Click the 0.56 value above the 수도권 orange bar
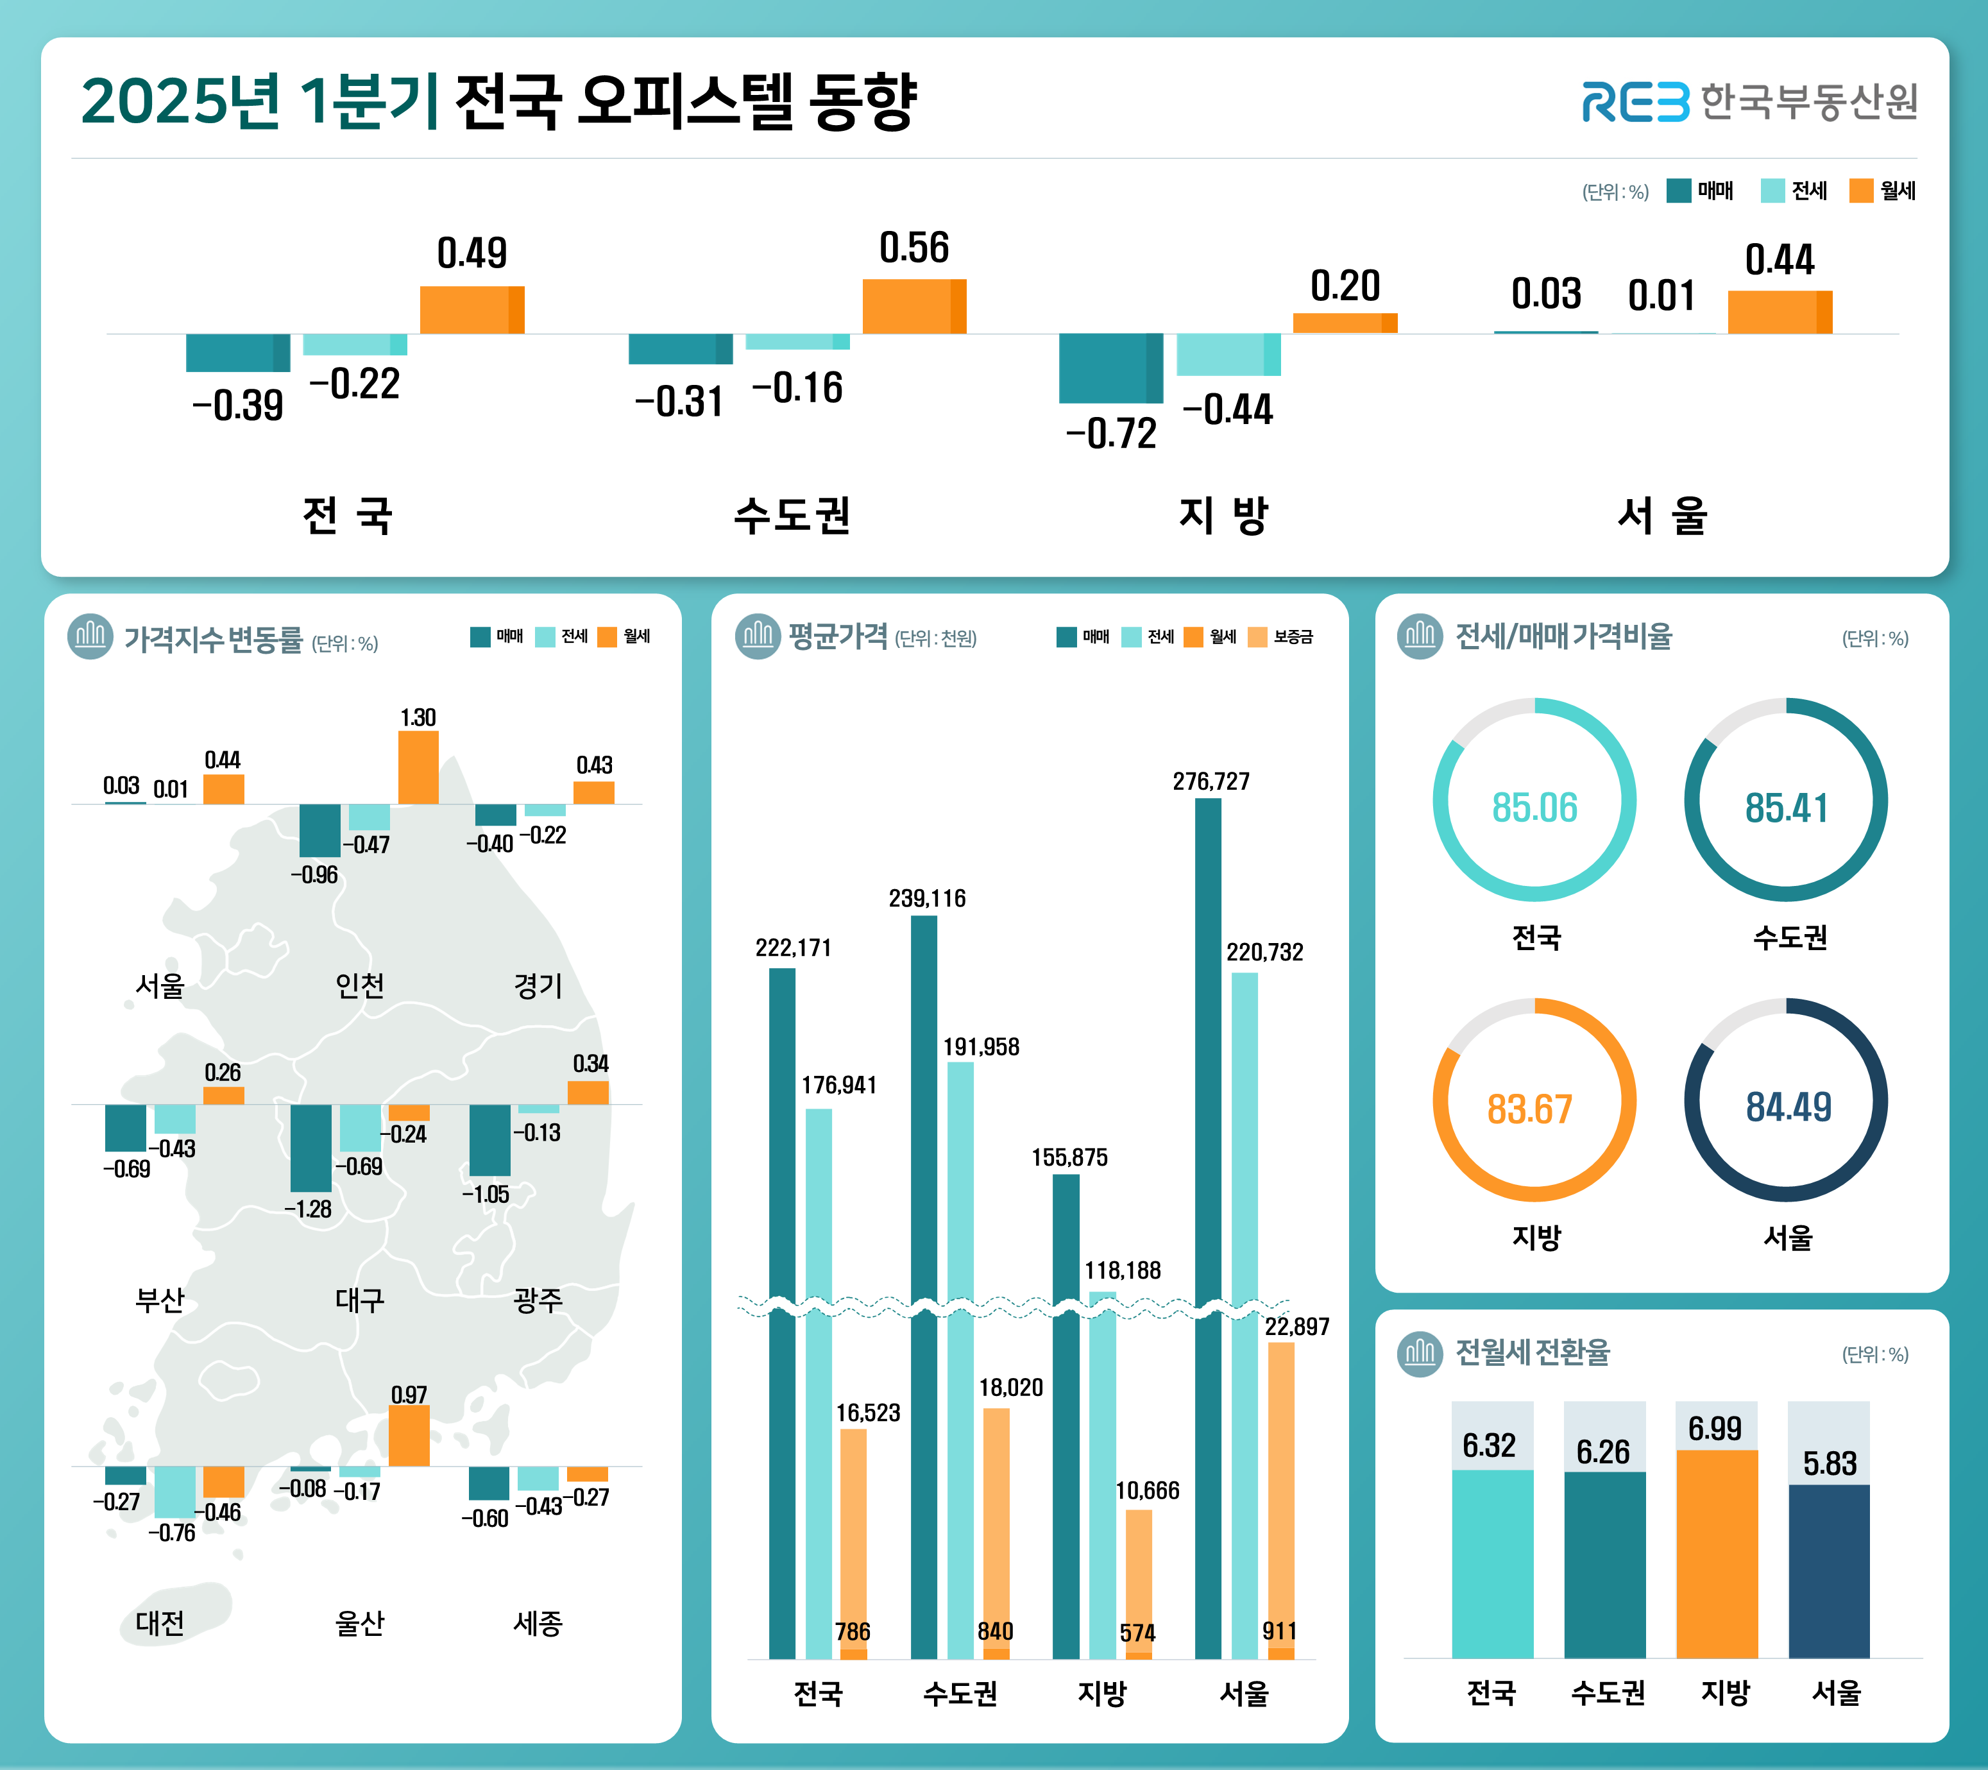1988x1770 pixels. pos(913,248)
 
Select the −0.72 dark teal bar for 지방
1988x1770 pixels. pos(1110,368)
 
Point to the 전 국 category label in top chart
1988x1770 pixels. pos(347,515)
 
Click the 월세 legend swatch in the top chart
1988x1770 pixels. pos(1860,191)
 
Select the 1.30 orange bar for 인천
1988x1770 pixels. pos(418,767)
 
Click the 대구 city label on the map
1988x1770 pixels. pos(360,1299)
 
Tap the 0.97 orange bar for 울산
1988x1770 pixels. pos(409,1436)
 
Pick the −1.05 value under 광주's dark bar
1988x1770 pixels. pos(486,1195)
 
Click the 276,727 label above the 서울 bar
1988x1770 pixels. pos(1211,781)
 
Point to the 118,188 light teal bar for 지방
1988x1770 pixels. pos(1102,1459)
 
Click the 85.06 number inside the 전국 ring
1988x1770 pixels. pos(1534,807)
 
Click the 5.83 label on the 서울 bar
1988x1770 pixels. pos(1830,1463)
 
